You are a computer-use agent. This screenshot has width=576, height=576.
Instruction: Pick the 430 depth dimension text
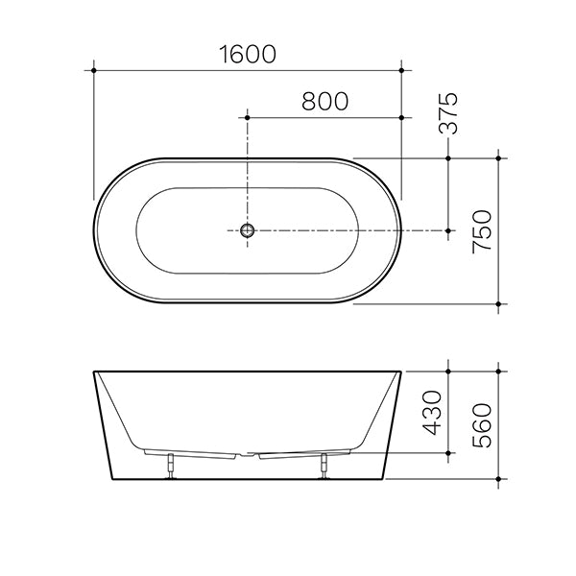point(432,411)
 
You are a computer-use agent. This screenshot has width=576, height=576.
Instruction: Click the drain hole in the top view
point(248,230)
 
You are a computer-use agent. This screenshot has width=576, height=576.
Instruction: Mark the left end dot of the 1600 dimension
point(94,69)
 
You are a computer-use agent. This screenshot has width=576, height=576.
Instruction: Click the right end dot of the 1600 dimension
point(401,69)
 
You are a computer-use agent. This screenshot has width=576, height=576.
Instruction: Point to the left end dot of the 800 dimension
point(248,116)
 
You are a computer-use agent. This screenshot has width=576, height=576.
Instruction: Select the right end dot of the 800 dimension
point(401,116)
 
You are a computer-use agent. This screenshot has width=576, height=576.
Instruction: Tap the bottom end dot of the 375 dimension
point(448,230)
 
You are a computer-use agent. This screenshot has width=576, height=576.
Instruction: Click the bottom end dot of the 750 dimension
point(498,303)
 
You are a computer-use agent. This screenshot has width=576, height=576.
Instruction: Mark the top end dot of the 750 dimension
point(498,157)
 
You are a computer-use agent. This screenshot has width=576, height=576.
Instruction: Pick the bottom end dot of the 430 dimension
point(448,452)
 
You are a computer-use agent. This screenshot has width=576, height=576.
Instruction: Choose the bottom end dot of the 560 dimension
point(498,477)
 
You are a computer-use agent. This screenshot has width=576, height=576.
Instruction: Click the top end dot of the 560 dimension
point(498,370)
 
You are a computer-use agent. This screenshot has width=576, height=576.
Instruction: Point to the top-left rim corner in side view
point(94,371)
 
